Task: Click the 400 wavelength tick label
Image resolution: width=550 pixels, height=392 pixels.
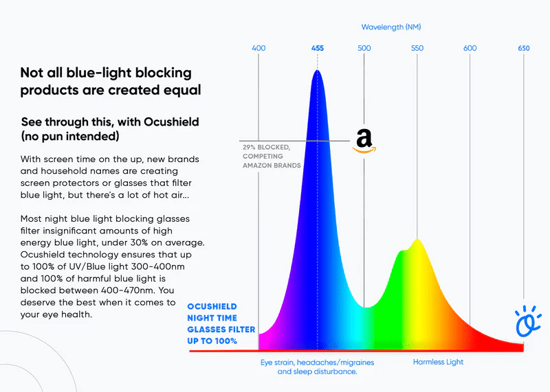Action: click(258, 48)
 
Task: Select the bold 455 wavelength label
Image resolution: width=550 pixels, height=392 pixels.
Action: click(317, 48)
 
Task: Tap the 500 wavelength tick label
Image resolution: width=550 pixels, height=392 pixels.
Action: click(364, 48)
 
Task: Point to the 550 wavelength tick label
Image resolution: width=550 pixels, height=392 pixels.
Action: click(417, 48)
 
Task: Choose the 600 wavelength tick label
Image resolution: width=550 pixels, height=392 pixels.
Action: click(470, 48)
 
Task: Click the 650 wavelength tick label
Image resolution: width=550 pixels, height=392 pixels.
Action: click(524, 48)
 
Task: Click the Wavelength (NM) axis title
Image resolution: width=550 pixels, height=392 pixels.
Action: click(391, 27)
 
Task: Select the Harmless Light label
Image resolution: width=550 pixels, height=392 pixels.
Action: click(438, 362)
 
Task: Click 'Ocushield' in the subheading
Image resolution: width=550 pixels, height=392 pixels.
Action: click(168, 122)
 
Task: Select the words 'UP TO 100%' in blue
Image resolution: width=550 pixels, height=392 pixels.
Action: click(212, 341)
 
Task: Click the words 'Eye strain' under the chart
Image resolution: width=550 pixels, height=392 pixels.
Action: click(278, 362)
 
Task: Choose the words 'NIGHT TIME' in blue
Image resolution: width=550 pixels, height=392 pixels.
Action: click(212, 319)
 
